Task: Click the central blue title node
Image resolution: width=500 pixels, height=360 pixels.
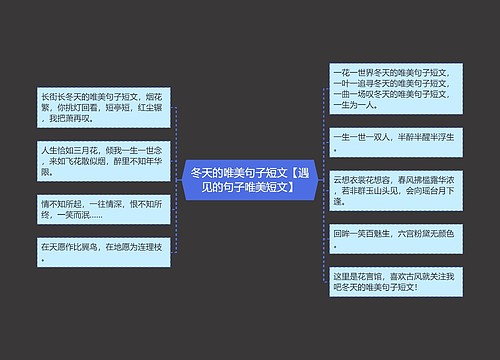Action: click(x=250, y=180)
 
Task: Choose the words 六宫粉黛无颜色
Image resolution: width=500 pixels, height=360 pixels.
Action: click(x=421, y=234)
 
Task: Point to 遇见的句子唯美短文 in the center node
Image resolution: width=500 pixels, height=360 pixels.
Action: click(x=250, y=187)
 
